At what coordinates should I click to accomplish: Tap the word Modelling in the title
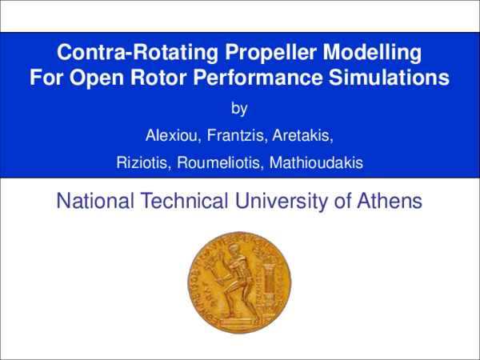click(x=371, y=54)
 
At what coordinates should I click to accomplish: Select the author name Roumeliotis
click(x=217, y=163)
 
